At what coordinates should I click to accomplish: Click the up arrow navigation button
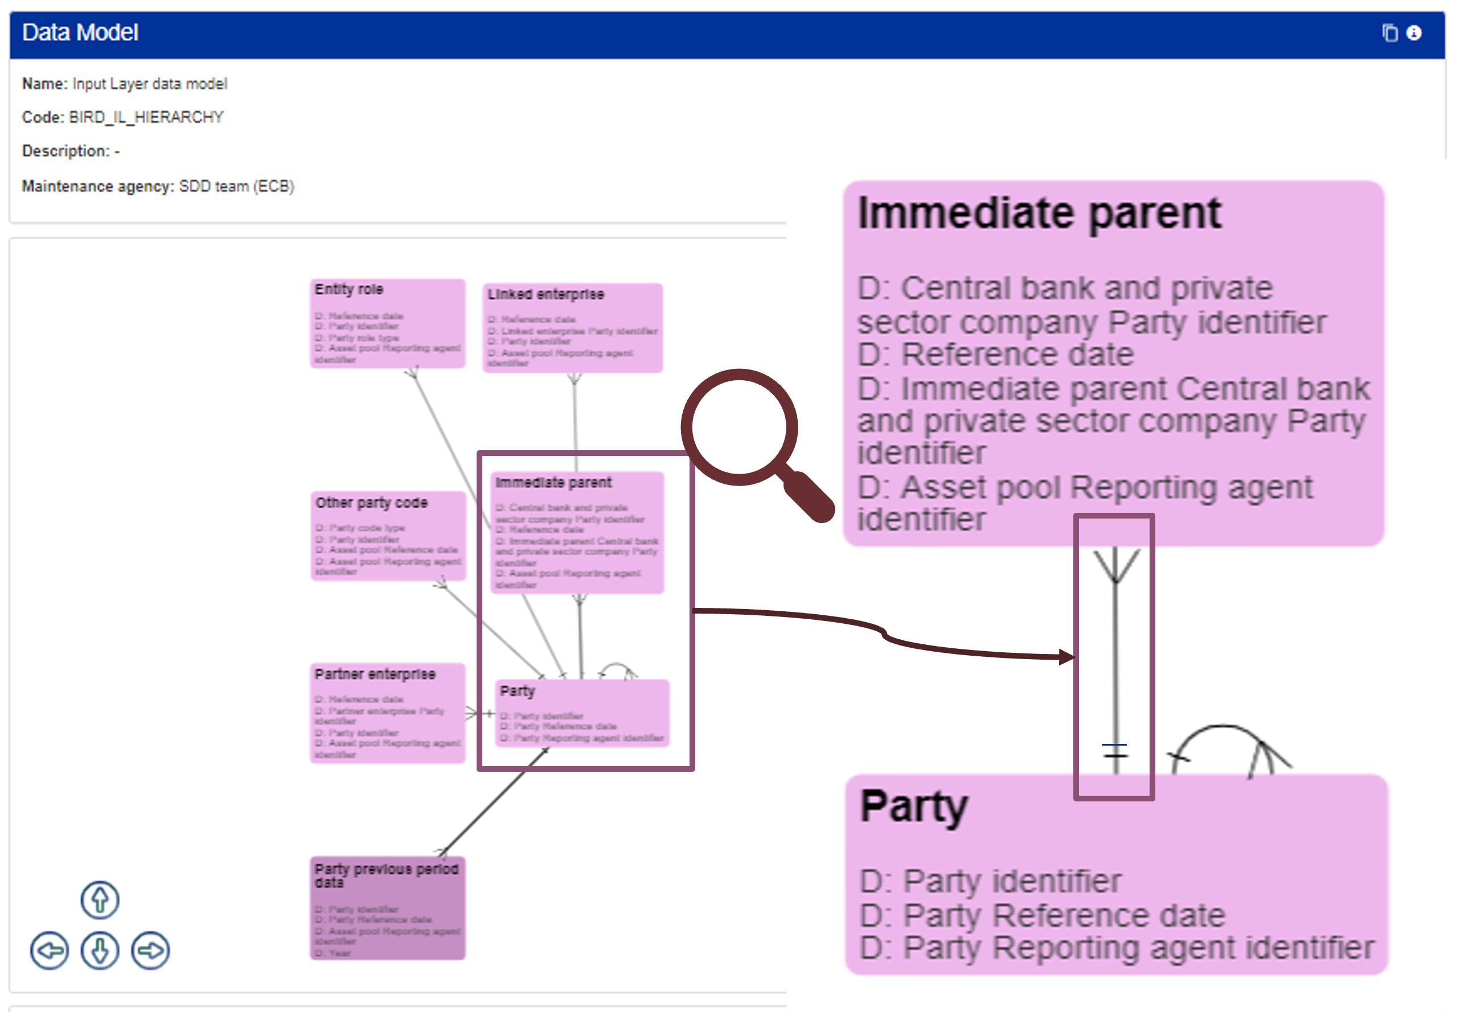pos(100,899)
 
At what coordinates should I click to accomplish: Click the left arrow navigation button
pos(49,951)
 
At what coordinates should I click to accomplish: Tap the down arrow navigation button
pos(100,951)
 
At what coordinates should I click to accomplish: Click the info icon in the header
pos(1413,33)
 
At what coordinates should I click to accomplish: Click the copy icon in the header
pos(1390,33)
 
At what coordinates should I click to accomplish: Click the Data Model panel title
pos(80,32)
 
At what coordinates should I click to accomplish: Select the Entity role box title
pos(349,290)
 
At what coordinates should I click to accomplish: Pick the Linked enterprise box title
pos(545,294)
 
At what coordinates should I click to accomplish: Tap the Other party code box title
pos(372,503)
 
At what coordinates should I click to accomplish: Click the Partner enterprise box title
pos(375,674)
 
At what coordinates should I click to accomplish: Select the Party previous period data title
pos(387,875)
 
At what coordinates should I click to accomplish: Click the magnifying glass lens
pos(738,427)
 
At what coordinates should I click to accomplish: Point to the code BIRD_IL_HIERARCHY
pos(146,117)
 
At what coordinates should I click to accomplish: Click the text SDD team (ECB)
pos(236,186)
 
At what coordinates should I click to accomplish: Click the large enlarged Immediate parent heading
pos(1039,213)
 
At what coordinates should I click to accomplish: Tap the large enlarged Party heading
pos(913,805)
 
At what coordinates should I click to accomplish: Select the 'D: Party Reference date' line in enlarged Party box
pos(1043,915)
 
